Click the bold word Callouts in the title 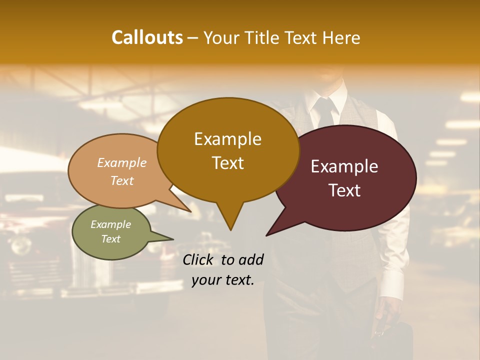[x=147, y=37]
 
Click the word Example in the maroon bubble [x=344, y=166]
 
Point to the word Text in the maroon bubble [x=344, y=190]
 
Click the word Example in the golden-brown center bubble [x=227, y=139]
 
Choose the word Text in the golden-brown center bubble [x=227, y=163]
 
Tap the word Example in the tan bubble [x=122, y=162]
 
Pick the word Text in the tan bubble [x=122, y=180]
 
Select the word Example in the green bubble [x=111, y=224]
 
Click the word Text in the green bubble [x=111, y=239]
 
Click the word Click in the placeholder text [x=199, y=259]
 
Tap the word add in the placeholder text [x=250, y=259]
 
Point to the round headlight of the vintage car [x=21, y=245]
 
